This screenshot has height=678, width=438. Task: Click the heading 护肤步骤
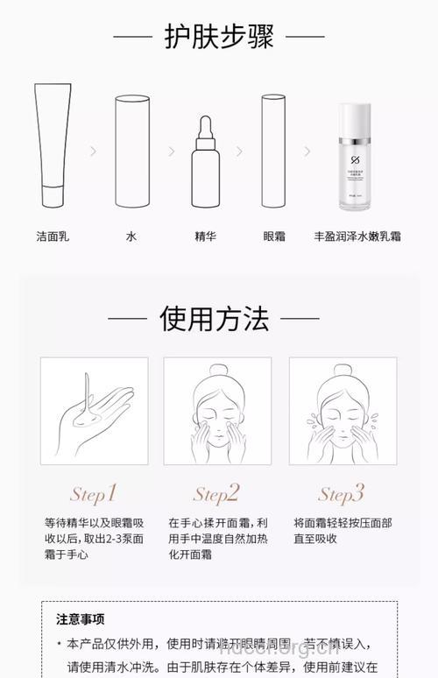tap(219, 37)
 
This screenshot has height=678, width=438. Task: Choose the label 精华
tap(206, 237)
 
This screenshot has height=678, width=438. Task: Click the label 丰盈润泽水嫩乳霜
tap(357, 237)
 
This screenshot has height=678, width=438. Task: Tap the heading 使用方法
tap(214, 318)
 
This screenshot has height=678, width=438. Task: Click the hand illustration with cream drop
tap(95, 411)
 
